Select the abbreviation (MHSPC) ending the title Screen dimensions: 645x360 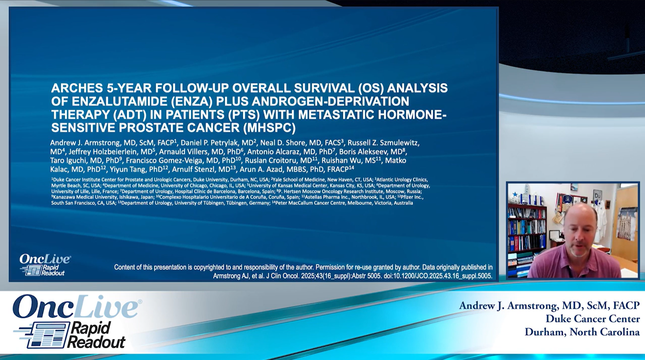269,128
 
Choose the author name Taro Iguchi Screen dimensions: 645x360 66,160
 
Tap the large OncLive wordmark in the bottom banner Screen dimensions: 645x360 77,307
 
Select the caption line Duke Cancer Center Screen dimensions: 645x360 593,319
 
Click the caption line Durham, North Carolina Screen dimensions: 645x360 582,332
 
